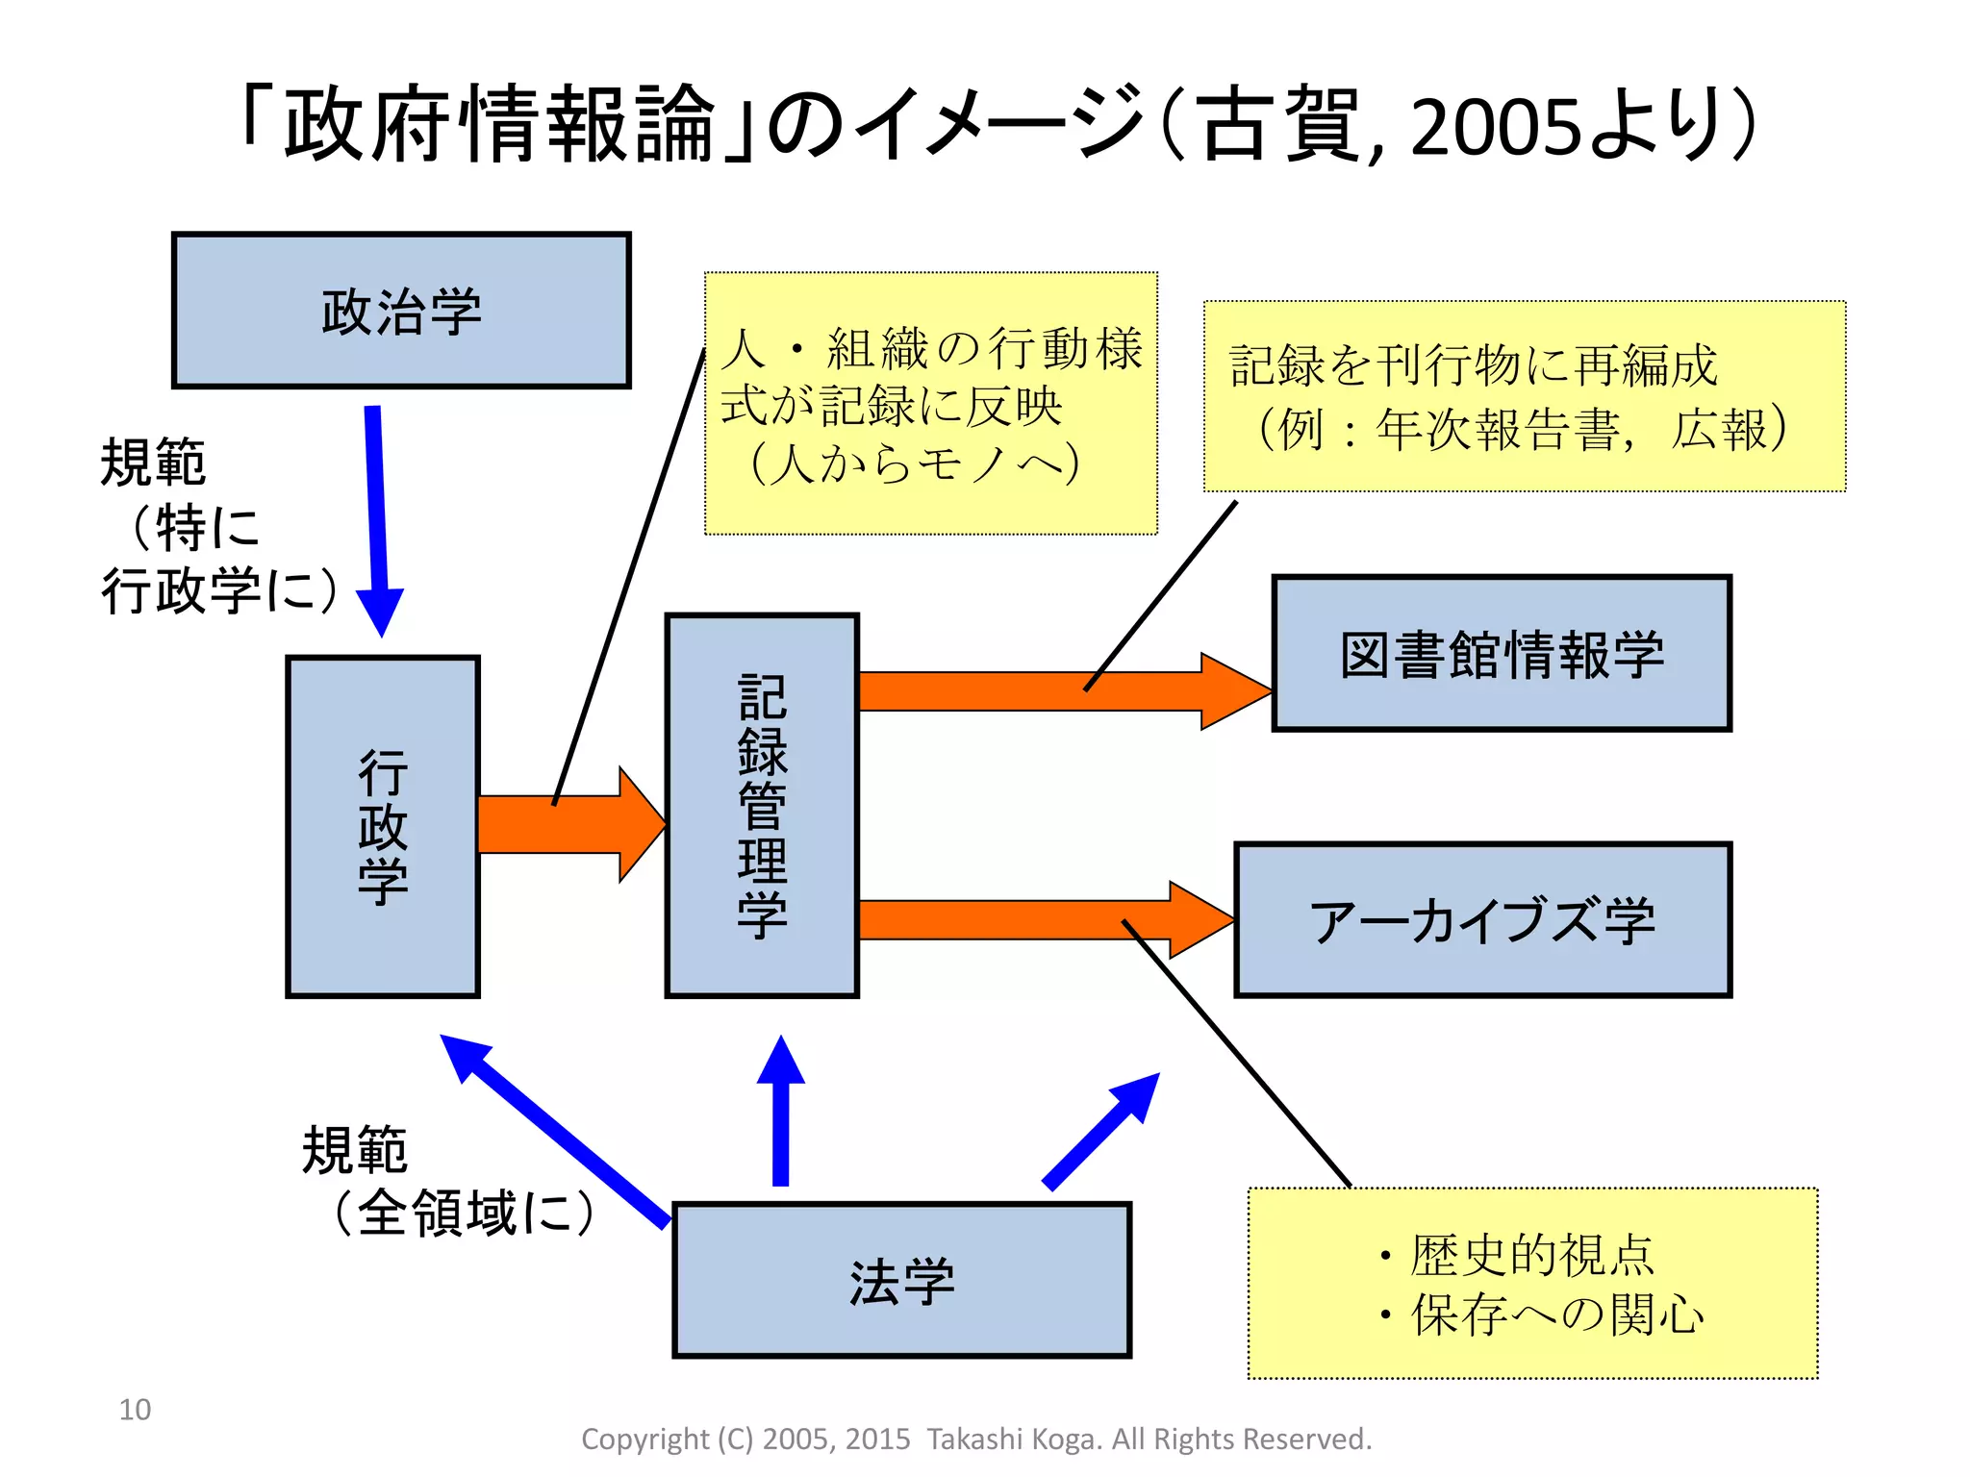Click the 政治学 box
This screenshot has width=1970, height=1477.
401,311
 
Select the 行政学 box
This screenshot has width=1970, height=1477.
383,827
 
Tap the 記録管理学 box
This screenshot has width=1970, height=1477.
762,806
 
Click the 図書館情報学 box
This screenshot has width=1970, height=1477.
1501,654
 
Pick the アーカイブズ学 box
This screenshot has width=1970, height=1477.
1482,920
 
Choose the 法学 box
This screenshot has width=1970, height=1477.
901,1280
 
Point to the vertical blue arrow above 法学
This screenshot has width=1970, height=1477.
781,1115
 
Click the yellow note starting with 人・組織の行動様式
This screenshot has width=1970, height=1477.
930,404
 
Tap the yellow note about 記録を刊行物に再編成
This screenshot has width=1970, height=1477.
1524,396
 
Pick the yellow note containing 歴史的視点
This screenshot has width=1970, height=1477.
1532,1284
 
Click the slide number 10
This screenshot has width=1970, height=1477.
135,1410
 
